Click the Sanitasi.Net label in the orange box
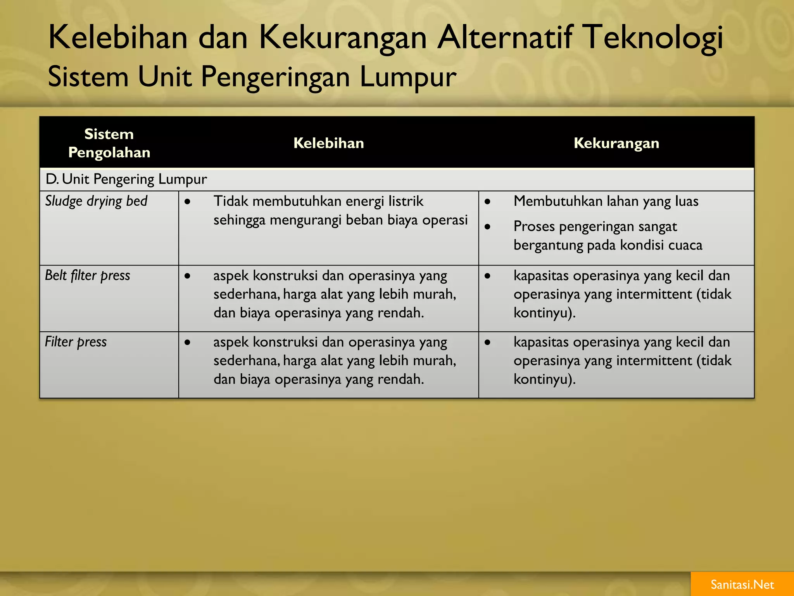point(742,584)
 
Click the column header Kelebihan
point(328,143)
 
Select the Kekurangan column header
point(616,143)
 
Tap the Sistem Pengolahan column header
point(109,143)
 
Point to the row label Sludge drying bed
point(96,201)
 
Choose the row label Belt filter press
point(88,275)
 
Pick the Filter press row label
point(76,342)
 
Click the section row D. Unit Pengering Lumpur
point(126,179)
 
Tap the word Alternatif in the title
point(505,38)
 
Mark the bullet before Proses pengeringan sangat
point(488,227)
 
